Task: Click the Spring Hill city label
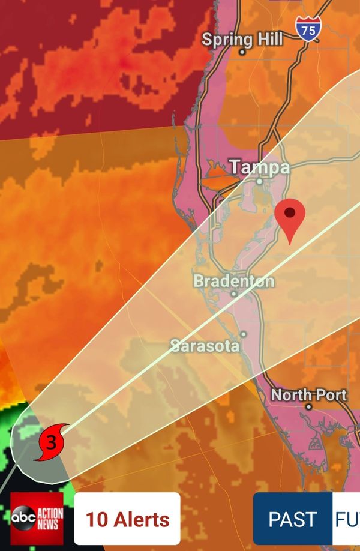tap(242, 40)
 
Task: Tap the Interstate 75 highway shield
tap(308, 28)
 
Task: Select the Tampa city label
tap(260, 167)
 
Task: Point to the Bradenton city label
tap(234, 281)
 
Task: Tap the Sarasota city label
tap(205, 346)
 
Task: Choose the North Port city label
tap(309, 395)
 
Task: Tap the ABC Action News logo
tap(37, 519)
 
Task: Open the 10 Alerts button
tap(127, 519)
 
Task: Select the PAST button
tap(292, 519)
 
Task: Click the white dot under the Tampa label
tap(260, 181)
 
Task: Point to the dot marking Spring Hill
tap(242, 52)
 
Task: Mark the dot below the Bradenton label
tap(234, 294)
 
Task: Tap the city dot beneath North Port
tap(309, 406)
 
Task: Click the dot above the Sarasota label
tap(243, 334)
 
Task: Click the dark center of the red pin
tap(290, 212)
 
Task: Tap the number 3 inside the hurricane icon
tap(51, 443)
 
